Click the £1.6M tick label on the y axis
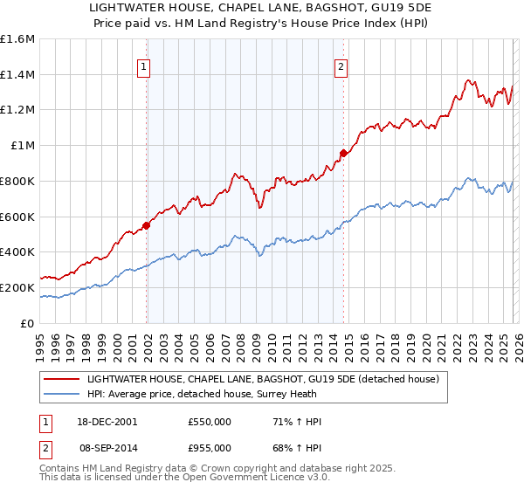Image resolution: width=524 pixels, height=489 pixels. pyautogui.click(x=17, y=39)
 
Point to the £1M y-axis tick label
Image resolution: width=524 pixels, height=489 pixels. pyautogui.click(x=23, y=146)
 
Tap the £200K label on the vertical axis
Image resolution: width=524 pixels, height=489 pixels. pyautogui.click(x=17, y=287)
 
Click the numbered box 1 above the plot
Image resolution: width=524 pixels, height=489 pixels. pyautogui.click(x=144, y=65)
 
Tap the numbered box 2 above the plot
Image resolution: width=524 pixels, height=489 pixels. pyautogui.click(x=341, y=65)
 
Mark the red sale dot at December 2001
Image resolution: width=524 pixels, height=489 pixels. pyautogui.click(x=146, y=224)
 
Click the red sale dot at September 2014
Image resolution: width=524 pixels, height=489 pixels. pyautogui.click(x=343, y=153)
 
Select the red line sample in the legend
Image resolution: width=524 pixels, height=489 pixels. pyautogui.click(x=62, y=378)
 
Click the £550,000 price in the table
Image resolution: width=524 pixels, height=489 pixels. pyautogui.click(x=210, y=422)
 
